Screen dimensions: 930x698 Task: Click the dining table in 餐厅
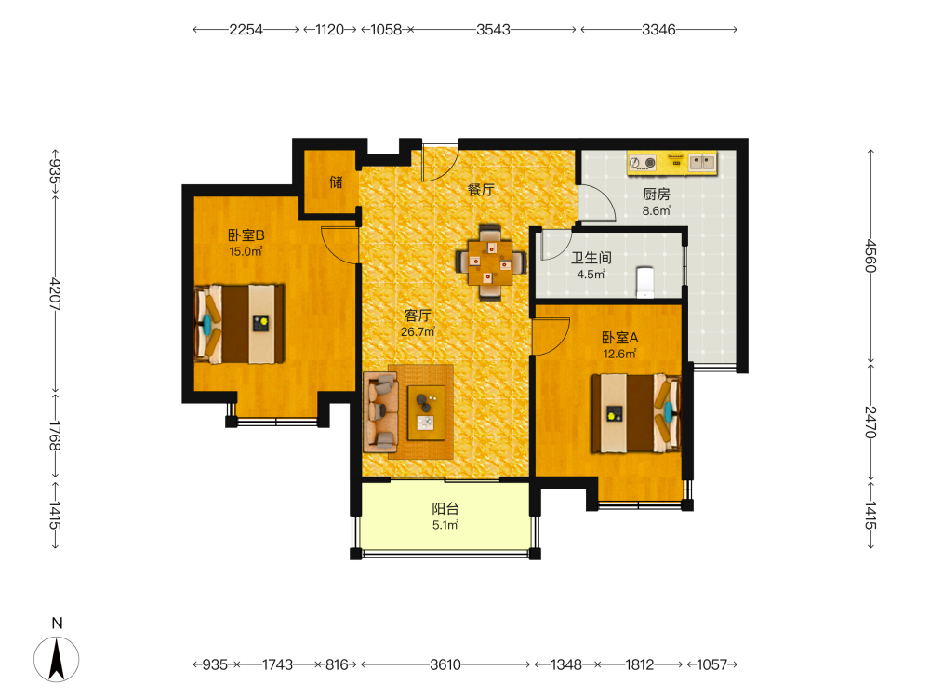point(490,262)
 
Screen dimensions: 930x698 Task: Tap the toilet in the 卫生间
point(644,282)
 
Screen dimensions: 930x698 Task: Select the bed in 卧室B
point(239,324)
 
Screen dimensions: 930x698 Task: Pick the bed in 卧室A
point(636,413)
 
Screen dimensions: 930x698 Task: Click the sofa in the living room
point(380,411)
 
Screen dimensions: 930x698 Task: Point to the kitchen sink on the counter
point(702,161)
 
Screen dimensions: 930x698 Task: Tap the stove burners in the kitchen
point(643,162)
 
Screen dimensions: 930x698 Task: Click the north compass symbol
point(57,658)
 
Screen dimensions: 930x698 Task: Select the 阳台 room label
point(445,509)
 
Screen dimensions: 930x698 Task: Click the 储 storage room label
point(336,181)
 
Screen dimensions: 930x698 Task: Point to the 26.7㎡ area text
point(418,332)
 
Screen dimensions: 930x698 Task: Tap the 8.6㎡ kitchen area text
point(656,210)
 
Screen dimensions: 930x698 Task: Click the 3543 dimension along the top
point(493,29)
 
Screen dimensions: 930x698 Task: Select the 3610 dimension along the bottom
point(445,664)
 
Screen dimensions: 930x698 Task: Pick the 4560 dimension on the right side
point(870,256)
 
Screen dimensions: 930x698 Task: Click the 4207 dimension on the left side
point(55,294)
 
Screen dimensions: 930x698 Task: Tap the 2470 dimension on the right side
point(870,422)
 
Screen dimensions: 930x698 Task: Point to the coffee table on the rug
point(427,412)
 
